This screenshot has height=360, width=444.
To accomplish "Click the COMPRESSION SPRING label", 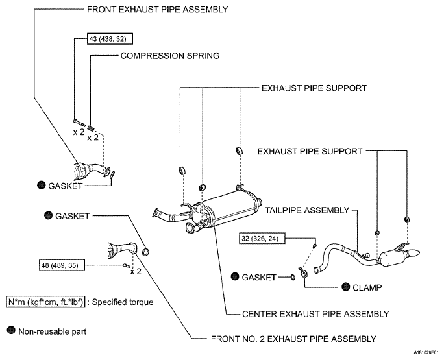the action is tap(170, 56).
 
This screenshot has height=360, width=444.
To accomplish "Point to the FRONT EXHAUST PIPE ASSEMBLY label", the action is tap(158, 9).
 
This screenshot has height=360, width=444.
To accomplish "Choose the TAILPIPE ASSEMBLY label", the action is tap(307, 210).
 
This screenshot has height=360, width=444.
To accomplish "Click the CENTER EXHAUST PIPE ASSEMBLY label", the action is tap(315, 314).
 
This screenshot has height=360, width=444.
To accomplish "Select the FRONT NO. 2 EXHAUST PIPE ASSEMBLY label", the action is tap(293, 339).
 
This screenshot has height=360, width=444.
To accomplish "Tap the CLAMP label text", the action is tap(367, 287).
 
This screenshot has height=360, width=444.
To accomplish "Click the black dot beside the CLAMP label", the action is tap(346, 287).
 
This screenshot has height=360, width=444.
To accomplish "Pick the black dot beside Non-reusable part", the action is tap(11, 330).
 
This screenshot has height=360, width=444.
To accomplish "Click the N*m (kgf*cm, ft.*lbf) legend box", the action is tap(45, 302).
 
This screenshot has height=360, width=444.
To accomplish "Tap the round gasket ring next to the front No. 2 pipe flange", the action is tap(145, 252).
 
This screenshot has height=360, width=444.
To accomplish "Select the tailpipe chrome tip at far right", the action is tap(413, 252).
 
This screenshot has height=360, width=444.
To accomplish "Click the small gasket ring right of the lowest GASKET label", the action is tap(293, 277).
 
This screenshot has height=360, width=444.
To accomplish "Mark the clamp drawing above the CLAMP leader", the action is tap(302, 272).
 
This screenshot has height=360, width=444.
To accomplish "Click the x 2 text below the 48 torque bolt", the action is tap(136, 272).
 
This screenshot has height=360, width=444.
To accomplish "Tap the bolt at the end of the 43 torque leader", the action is tap(79, 123).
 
